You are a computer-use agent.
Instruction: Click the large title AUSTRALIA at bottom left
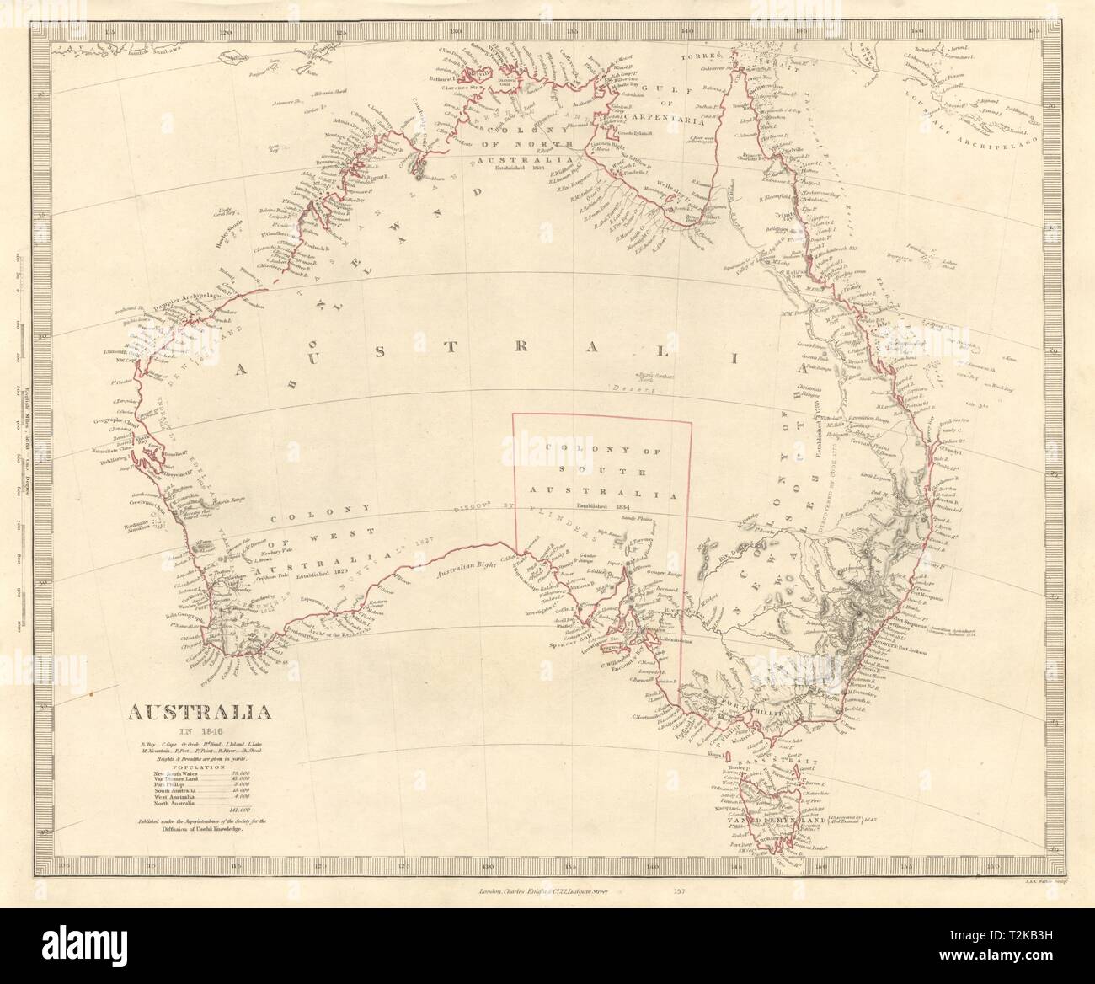199,713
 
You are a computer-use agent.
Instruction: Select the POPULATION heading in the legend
199,767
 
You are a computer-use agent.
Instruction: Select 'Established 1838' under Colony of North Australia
521,167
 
